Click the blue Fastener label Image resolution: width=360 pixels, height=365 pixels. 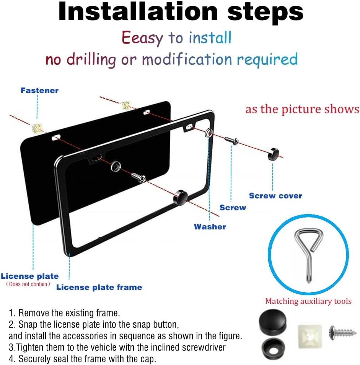click(39, 90)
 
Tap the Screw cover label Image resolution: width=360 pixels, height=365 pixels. click(275, 196)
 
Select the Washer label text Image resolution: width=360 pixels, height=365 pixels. click(210, 227)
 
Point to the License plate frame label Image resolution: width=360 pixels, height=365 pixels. click(99, 287)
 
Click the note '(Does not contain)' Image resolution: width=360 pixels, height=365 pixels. click(28, 284)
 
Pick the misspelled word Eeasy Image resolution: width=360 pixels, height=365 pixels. click(142, 38)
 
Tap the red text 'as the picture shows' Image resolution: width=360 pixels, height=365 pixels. click(302, 109)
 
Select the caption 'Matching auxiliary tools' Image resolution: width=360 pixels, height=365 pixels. click(308, 301)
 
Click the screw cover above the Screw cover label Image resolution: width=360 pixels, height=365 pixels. click(273, 154)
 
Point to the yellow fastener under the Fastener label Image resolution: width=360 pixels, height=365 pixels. click(37, 128)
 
